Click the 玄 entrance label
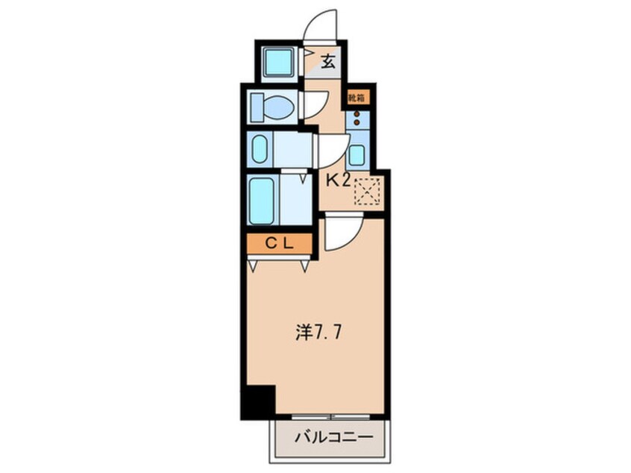[x=327, y=62]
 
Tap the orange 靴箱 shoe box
[x=355, y=97]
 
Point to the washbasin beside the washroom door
[x=260, y=150]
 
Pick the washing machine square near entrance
[x=278, y=61]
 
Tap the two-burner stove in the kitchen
[x=357, y=118]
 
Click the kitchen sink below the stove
[x=357, y=154]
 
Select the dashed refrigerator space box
[x=367, y=191]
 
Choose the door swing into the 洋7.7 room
[x=342, y=234]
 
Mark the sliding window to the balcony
[x=330, y=415]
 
